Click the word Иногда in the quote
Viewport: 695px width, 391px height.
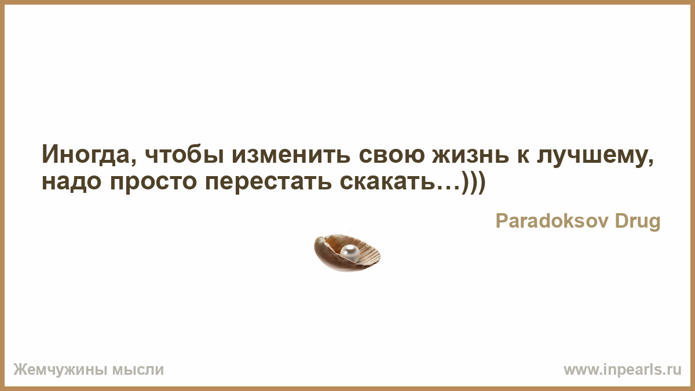[86, 154]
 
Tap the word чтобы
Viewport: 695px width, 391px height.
[184, 154]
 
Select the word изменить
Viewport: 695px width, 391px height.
[291, 155]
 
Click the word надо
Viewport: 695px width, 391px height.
[72, 182]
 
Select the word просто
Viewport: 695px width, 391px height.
[153, 183]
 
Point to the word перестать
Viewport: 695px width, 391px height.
[268, 183]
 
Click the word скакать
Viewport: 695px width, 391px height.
[387, 181]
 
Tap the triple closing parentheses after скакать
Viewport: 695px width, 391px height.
[474, 182]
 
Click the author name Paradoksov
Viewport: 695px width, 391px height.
[551, 221]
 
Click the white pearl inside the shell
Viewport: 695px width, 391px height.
[350, 253]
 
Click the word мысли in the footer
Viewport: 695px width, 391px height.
[138, 370]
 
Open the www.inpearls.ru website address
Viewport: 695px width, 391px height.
[623, 370]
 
